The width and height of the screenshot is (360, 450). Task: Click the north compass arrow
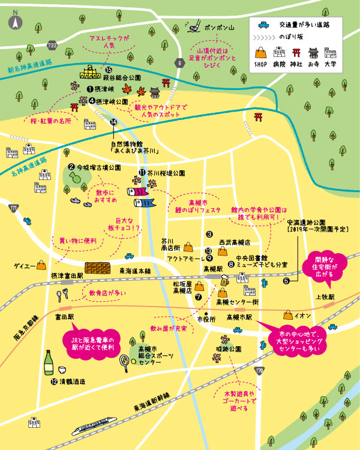tap(14, 22)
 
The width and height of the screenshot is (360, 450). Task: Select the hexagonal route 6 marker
tap(179, 62)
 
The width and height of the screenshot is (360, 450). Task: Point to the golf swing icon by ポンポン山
tap(193, 26)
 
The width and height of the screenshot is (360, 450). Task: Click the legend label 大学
tap(346, 62)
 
